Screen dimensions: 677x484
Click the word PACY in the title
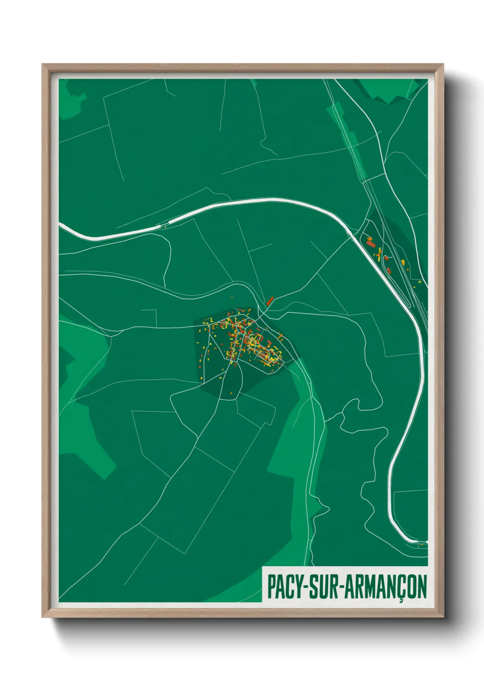coord(282,586)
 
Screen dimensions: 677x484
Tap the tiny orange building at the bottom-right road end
coord(422,544)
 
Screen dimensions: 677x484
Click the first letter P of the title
coord(271,586)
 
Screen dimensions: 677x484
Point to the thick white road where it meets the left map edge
coord(61,225)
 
